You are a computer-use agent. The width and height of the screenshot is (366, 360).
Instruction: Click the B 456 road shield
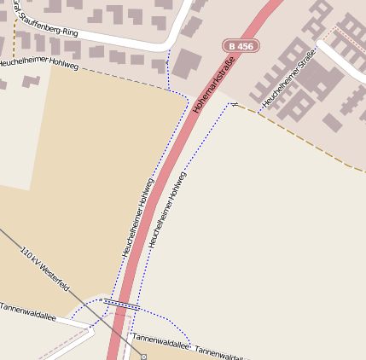point(241,46)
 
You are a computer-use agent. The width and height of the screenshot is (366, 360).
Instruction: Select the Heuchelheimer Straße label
point(289,78)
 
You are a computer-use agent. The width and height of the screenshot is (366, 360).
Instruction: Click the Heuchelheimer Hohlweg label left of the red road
point(137,218)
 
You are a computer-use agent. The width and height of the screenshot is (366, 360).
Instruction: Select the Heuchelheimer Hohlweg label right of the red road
point(167,210)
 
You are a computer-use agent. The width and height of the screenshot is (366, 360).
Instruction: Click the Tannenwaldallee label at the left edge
point(27,311)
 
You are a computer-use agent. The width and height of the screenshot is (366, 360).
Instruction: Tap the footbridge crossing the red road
point(119,303)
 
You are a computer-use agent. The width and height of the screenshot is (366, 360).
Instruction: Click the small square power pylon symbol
point(143,356)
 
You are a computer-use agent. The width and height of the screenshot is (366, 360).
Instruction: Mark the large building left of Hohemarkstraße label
point(188,64)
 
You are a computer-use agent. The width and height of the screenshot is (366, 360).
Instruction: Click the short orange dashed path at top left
point(15,38)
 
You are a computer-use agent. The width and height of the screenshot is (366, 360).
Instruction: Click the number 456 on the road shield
point(246,46)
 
